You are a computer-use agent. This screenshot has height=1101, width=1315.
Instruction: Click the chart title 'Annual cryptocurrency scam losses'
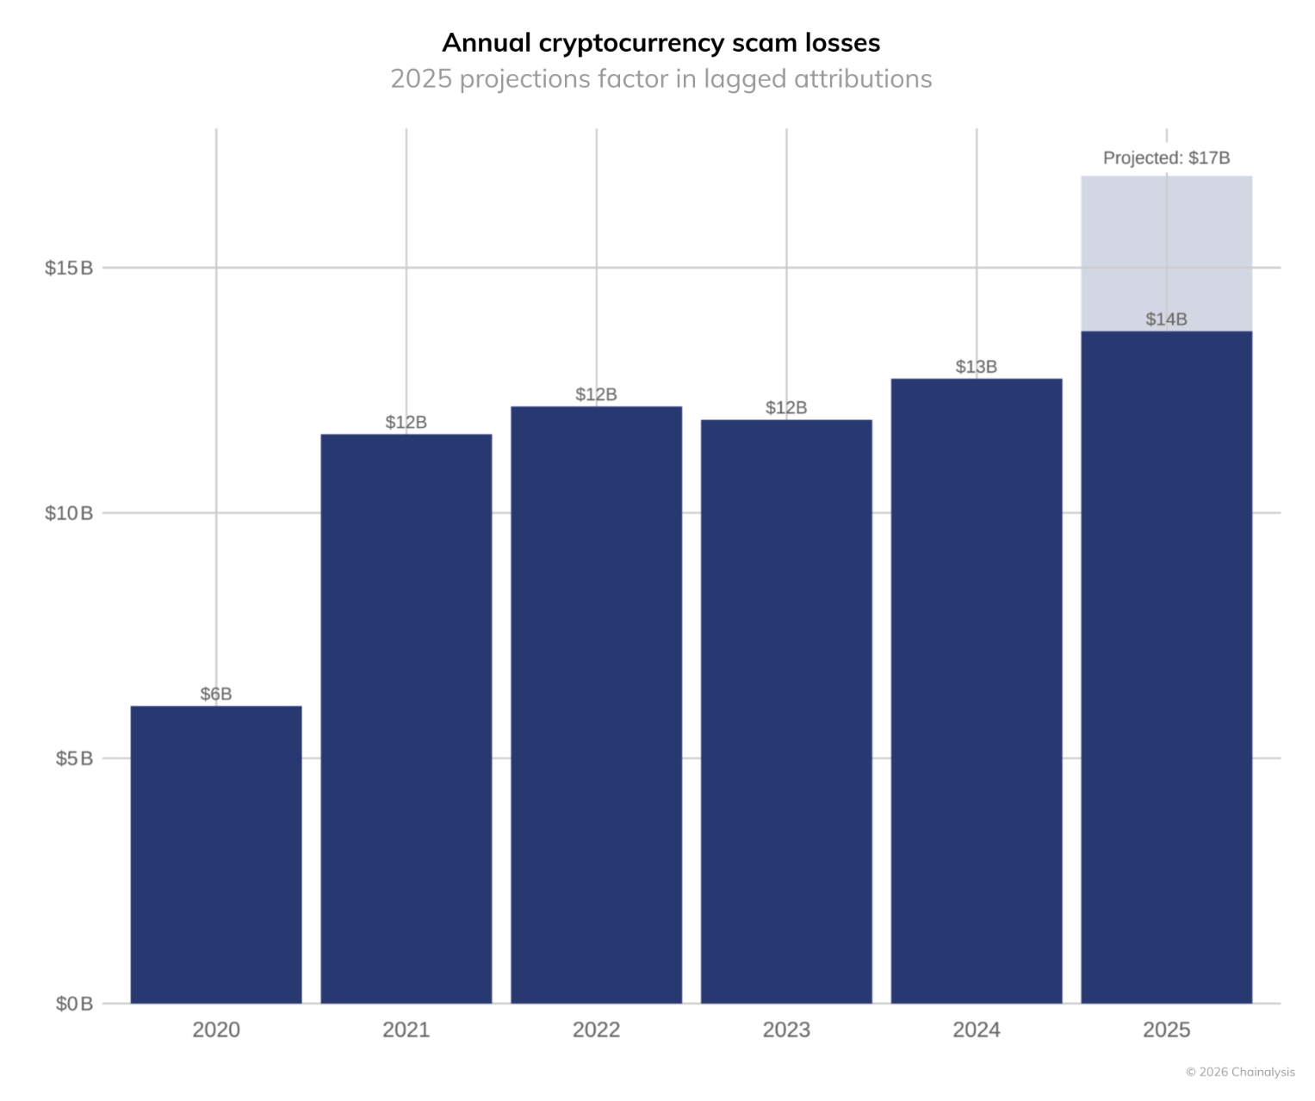(661, 43)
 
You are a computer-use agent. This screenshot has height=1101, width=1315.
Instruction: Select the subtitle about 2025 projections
(661, 79)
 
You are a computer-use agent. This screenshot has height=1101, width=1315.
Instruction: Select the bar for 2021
(406, 719)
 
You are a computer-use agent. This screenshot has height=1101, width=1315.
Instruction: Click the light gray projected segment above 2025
(1166, 253)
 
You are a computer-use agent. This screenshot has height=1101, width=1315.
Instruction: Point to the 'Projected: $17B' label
(1166, 158)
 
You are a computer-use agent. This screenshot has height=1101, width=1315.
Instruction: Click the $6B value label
(216, 694)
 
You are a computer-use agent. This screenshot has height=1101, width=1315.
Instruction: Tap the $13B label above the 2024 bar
(977, 367)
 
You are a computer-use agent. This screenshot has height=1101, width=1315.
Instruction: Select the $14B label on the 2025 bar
(1166, 319)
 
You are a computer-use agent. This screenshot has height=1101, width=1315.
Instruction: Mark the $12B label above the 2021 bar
(406, 422)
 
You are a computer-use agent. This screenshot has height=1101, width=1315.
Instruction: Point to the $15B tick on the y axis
(69, 268)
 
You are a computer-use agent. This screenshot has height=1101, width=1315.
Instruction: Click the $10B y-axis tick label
(69, 513)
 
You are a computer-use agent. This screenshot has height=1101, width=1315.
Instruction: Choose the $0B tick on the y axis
(74, 1004)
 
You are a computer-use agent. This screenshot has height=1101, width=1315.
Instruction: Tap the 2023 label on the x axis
(786, 1030)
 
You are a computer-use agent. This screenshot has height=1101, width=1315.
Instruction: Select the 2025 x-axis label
(1166, 1030)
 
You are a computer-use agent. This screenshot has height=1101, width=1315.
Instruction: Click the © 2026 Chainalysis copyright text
(1240, 1072)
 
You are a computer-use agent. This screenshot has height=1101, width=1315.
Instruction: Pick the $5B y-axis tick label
(74, 758)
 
